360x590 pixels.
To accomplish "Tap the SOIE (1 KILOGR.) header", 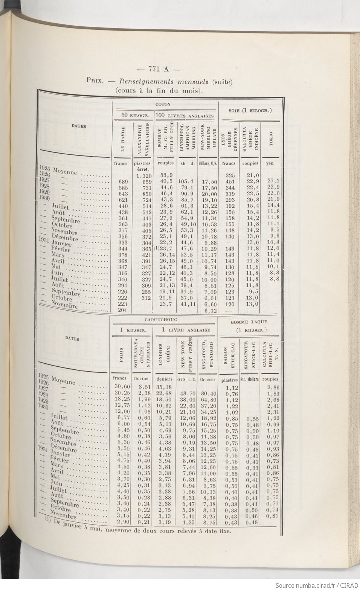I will [x=250, y=111].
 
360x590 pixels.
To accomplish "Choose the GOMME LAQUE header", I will [x=249, y=322].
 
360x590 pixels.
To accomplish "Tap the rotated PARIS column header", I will [x=121, y=355].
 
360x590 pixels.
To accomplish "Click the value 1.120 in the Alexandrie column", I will [x=143, y=175].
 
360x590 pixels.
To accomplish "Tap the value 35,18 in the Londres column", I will [x=164, y=387].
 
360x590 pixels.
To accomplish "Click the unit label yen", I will [x=270, y=163].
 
